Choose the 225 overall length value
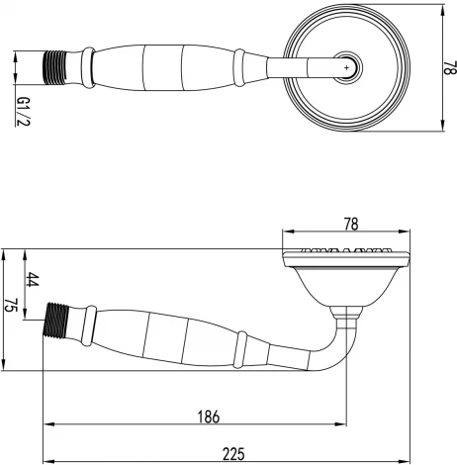coord(234,453)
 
